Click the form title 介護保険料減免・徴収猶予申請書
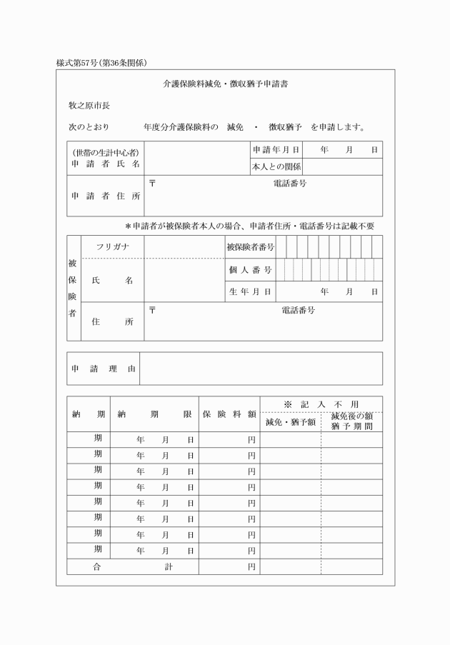tap(224, 84)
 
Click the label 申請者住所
tap(106, 196)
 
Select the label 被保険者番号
tap(249, 247)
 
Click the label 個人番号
tap(249, 270)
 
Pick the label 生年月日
tap(249, 292)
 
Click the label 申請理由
tap(104, 369)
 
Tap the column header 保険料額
tap(229, 414)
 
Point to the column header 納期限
tap(154, 414)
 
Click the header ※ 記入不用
tap(321, 404)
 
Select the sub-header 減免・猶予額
tap(290, 422)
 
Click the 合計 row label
tap(133, 566)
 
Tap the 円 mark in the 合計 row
tap(251, 567)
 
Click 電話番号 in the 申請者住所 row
tap(289, 184)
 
